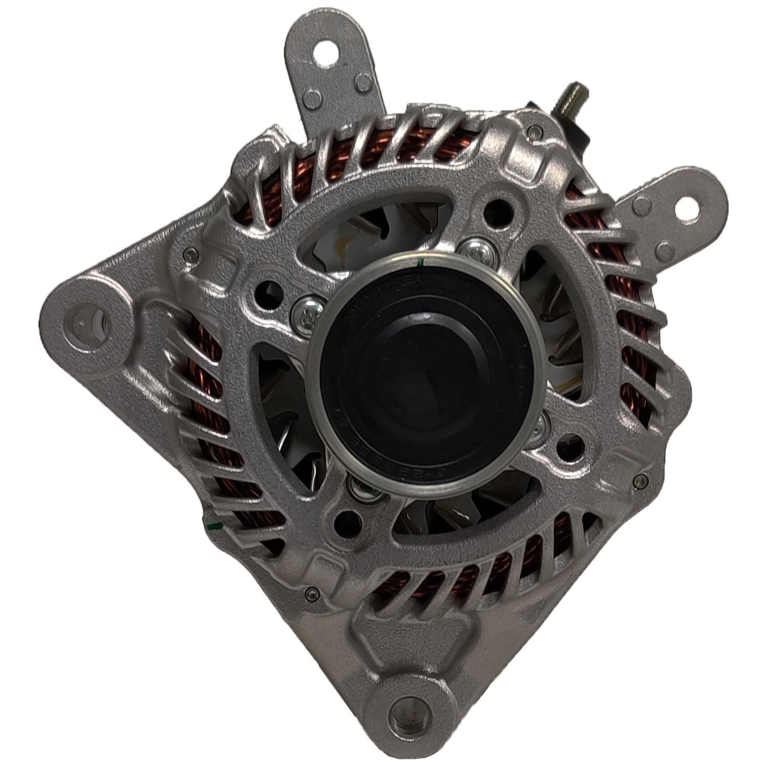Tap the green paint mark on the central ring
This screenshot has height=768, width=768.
(420, 263)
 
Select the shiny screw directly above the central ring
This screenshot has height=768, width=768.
(474, 249)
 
